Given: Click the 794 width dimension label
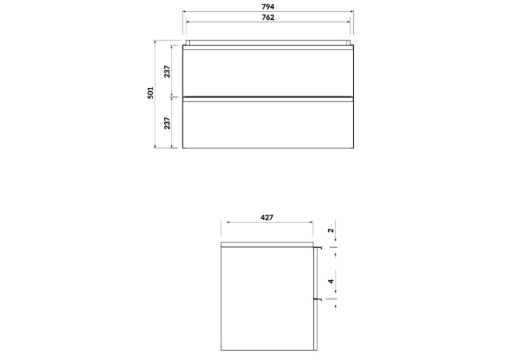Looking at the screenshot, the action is click(x=268, y=7).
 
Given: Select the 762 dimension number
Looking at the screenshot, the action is click(x=268, y=17).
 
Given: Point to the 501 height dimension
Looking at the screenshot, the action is click(x=151, y=93).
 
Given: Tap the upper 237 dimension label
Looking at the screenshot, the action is click(x=167, y=71).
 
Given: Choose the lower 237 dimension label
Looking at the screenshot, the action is click(x=167, y=123).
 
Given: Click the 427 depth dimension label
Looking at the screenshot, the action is click(x=267, y=217).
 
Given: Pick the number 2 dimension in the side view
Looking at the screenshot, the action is click(x=331, y=231).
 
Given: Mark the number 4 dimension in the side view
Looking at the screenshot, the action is click(x=331, y=281).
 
